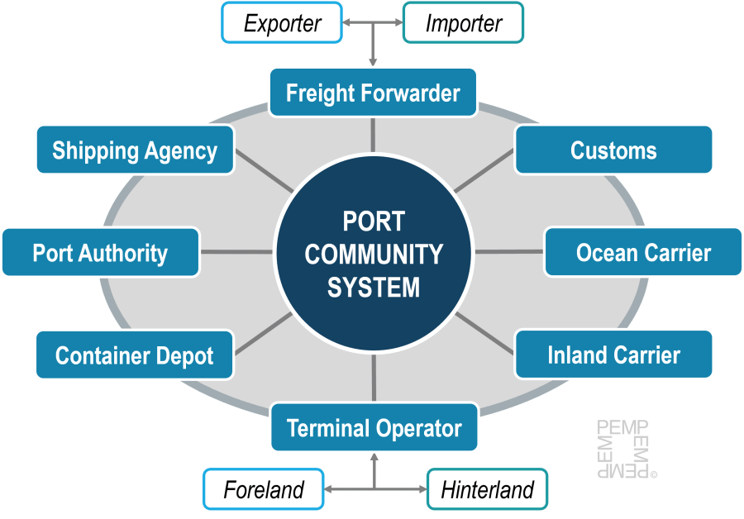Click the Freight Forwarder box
pos(373,93)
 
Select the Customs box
pos(613,150)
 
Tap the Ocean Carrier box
pos(643,252)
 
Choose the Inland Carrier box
pos(613,355)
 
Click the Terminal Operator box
pos(374,428)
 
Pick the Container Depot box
pos(134,355)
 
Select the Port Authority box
pos(100,252)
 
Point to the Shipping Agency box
pos(134,150)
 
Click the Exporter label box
pos(282,23)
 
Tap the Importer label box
pos(463,23)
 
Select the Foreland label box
pos(264,489)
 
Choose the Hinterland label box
pos(487,489)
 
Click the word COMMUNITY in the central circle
pos(374,255)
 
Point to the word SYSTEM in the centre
pos(374,287)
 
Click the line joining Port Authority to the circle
pos(236,252)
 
